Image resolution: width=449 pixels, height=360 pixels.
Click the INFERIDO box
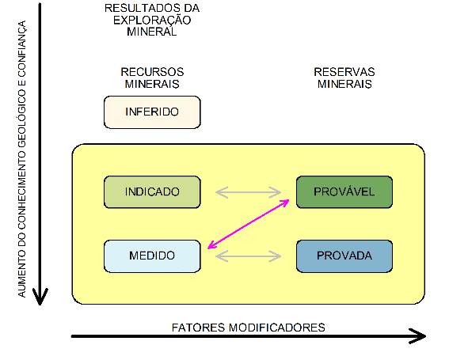tap(152, 112)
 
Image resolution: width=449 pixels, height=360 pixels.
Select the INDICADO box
tap(152, 191)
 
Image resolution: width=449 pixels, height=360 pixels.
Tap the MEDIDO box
tap(152, 256)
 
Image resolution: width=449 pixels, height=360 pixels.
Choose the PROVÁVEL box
tap(344, 191)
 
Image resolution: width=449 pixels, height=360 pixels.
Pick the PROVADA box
tap(344, 256)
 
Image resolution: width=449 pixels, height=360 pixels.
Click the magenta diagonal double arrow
tap(248, 224)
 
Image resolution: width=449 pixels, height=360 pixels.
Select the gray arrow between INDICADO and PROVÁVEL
tap(249, 191)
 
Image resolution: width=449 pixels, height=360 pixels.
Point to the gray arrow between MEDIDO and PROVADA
tap(249, 256)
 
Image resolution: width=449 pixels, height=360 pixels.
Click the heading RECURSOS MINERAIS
tap(151, 78)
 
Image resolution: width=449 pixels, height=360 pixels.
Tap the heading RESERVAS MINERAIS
tap(345, 78)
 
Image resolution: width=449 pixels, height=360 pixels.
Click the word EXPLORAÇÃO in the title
tap(151, 21)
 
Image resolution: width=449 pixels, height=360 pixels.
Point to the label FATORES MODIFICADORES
tap(249, 327)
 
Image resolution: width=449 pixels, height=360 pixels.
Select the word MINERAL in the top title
tap(151, 33)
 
